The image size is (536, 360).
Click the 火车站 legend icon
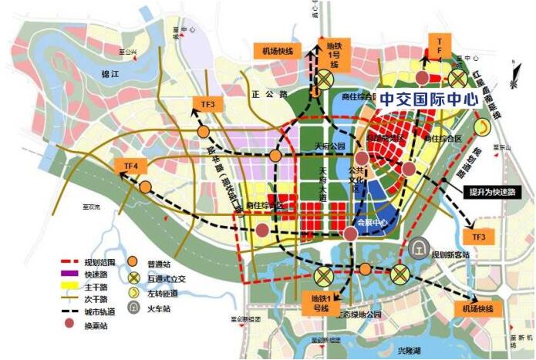click(133, 307)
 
